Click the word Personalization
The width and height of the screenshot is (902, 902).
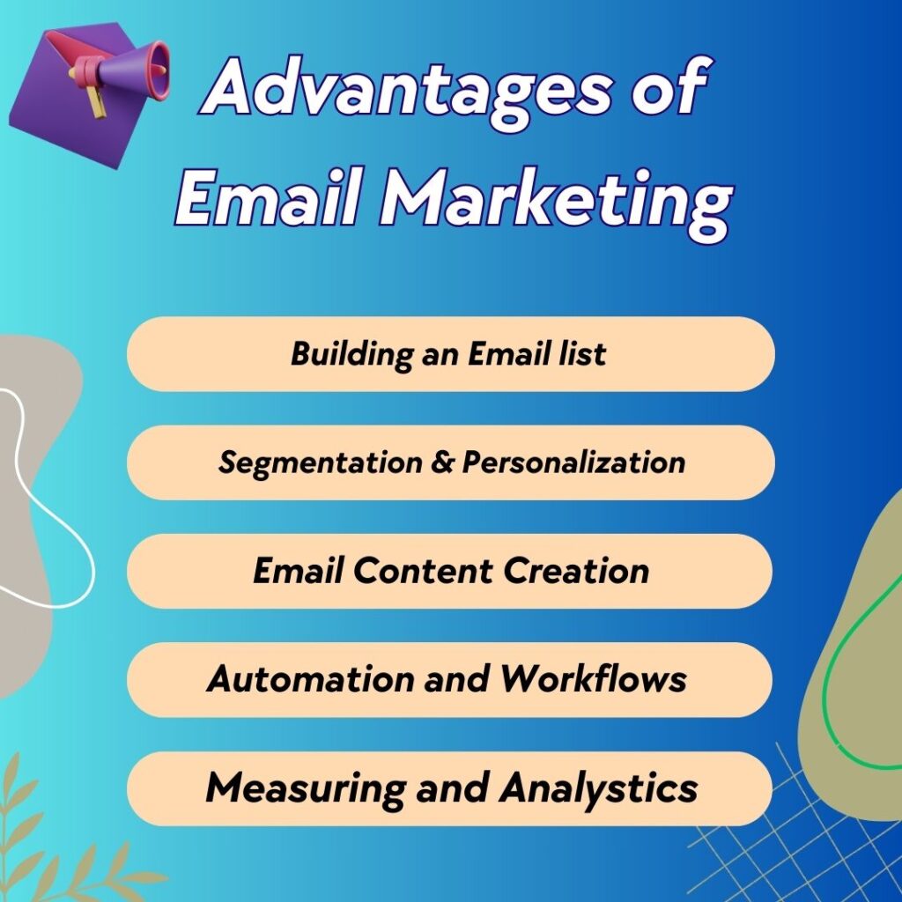tap(573, 462)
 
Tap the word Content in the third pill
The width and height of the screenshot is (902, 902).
tap(425, 571)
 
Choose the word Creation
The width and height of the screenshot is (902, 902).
tap(577, 571)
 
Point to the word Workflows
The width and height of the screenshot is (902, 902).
tap(594, 679)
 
